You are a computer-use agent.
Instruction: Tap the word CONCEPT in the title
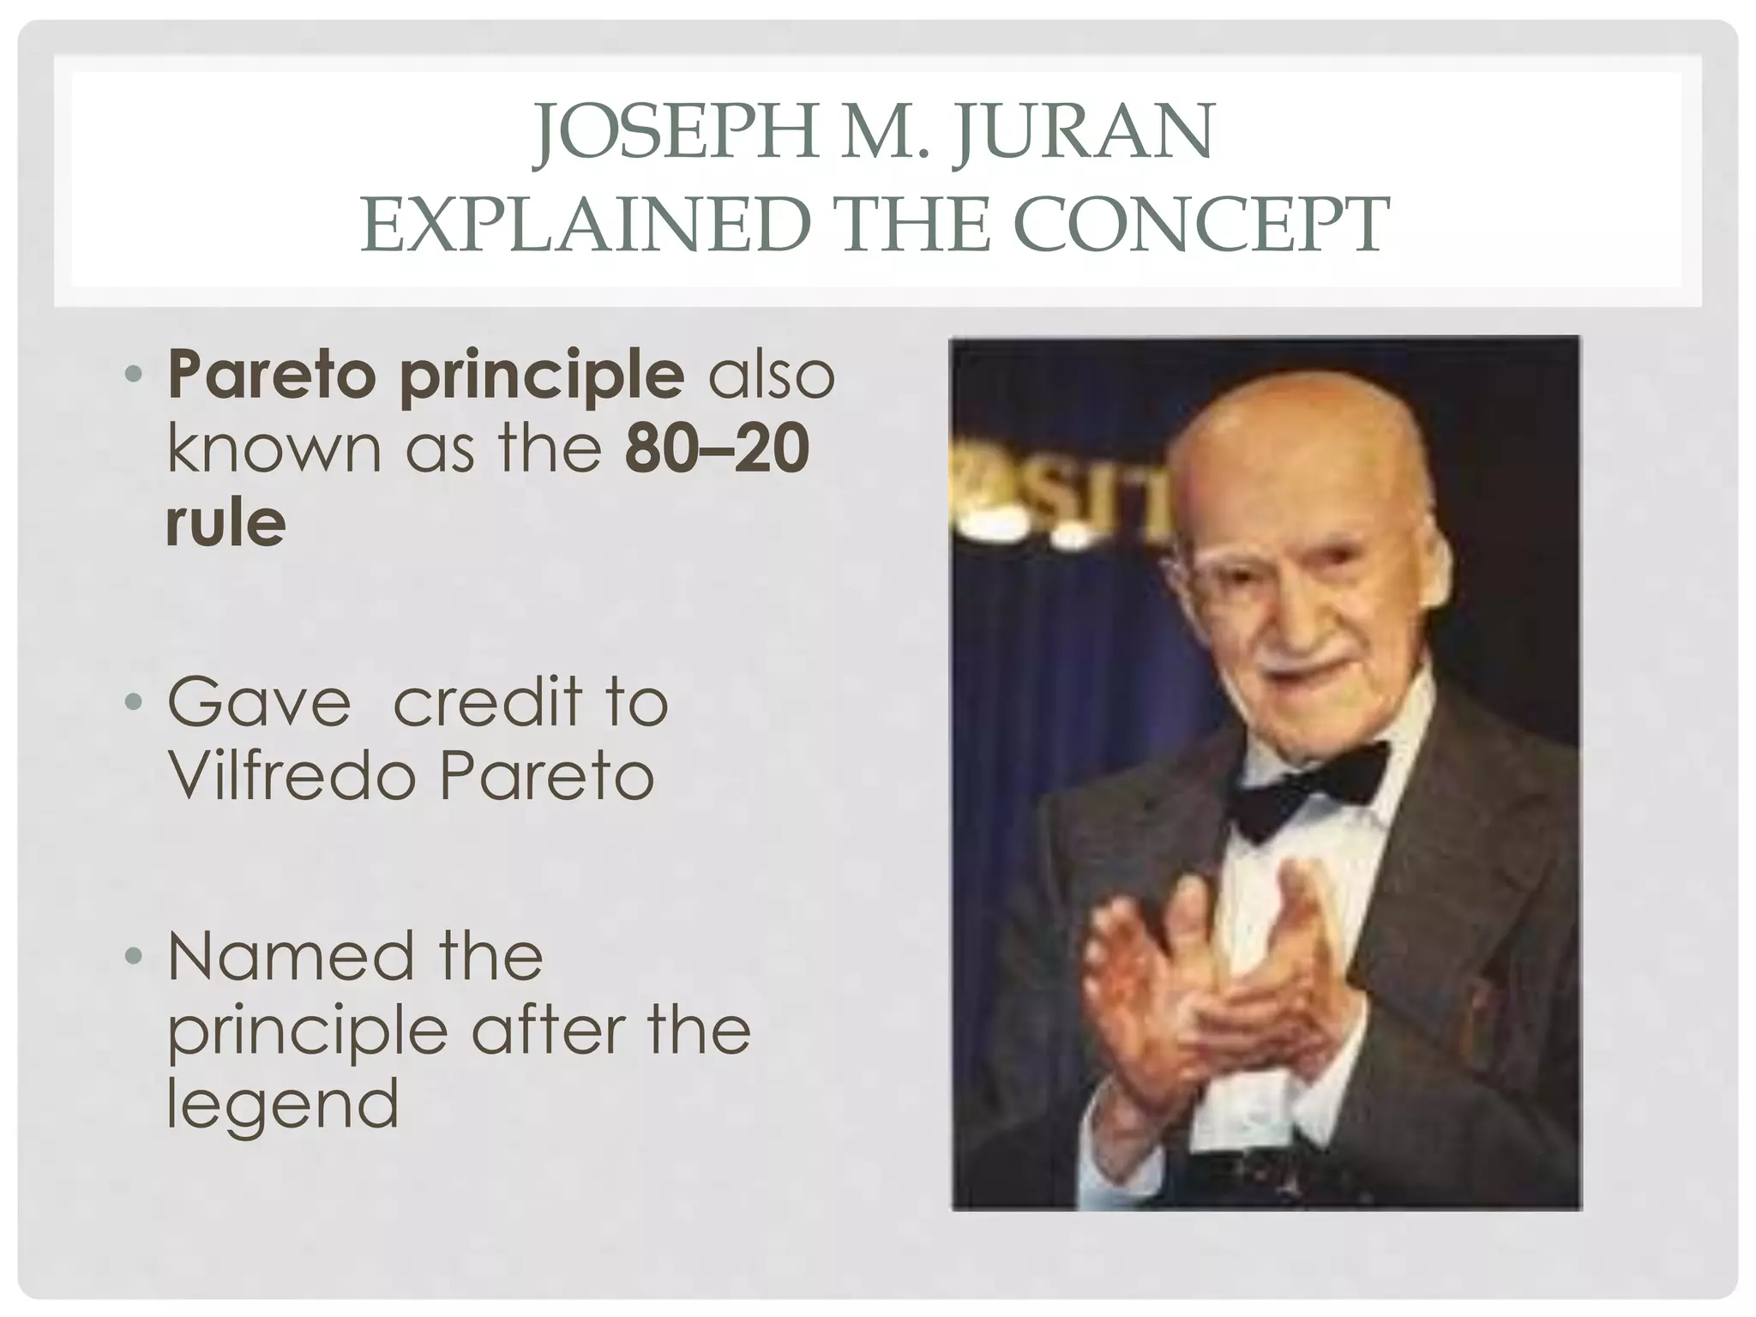pos(1204,225)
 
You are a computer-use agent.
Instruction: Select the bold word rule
pos(226,522)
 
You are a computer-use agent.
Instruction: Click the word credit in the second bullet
pos(487,702)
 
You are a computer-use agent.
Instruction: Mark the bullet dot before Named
pos(133,957)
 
